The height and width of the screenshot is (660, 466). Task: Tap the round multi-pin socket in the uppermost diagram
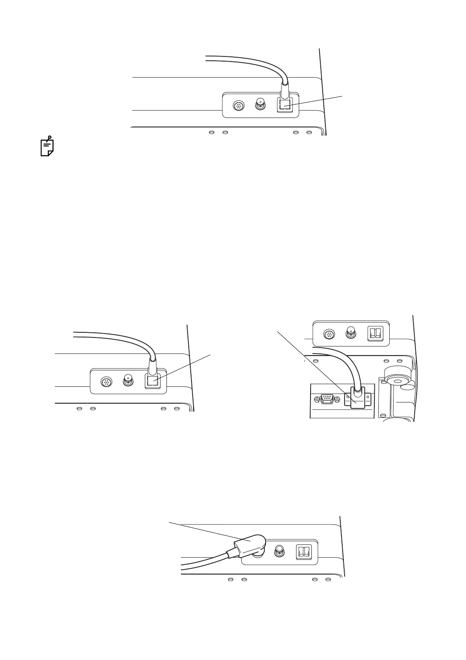point(238,105)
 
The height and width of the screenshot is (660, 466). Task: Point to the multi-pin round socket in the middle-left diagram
point(106,381)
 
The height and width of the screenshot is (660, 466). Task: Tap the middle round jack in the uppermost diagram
point(260,104)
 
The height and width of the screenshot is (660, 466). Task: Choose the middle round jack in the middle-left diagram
point(128,380)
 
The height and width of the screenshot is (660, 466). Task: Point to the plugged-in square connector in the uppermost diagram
point(284,105)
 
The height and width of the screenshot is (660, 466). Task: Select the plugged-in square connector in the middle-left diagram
point(152,381)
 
